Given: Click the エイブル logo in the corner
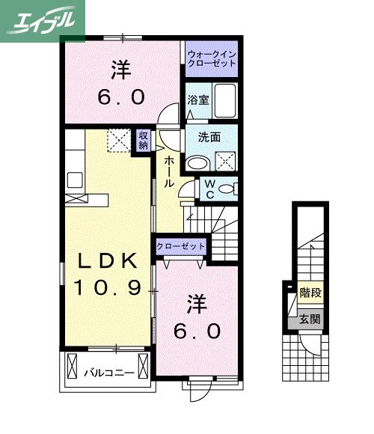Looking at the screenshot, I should click(43, 21).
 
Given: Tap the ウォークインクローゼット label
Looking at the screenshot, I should click(212, 58).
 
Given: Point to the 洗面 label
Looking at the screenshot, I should click(209, 137).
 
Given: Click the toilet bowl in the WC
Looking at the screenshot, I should click(228, 189).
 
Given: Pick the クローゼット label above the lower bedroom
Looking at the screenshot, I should click(180, 246).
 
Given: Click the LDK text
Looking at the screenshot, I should click(108, 261).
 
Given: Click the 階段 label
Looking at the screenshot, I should click(311, 293).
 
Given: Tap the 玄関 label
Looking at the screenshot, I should click(311, 320).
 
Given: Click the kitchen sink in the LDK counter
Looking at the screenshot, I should click(75, 180).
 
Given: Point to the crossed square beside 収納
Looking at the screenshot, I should click(118, 141).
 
